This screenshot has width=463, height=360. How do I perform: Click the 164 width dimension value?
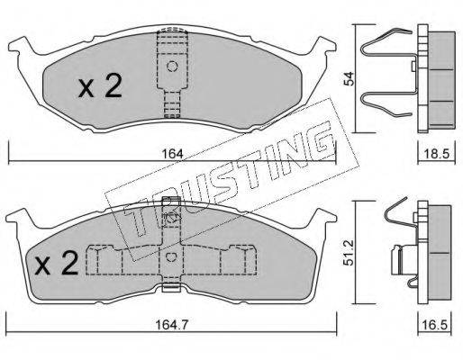(172, 154)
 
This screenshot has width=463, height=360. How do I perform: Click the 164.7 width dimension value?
(172, 325)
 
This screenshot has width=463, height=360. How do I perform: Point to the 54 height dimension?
(350, 79)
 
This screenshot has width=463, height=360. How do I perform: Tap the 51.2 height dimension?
(349, 253)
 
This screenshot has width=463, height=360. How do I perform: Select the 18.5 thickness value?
(437, 154)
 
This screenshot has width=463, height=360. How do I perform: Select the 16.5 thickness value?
(435, 325)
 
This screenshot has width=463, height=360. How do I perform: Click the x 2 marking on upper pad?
(100, 86)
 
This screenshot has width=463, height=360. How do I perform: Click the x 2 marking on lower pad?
(57, 263)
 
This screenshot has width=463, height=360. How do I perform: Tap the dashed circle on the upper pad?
(172, 66)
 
